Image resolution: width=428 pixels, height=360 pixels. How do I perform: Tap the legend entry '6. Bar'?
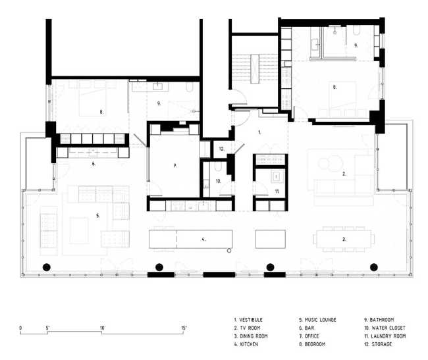pos(308,328)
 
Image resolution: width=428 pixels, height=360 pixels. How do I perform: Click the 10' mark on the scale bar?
pos(103,327)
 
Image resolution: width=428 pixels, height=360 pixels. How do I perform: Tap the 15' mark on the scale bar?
pos(184,327)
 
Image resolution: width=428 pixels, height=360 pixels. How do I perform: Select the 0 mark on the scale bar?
pos(20,327)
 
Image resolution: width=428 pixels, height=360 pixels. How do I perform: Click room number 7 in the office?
pos(174,166)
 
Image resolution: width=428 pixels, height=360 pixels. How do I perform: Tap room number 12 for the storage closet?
pos(223,149)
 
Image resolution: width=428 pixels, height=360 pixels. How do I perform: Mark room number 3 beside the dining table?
pos(344,240)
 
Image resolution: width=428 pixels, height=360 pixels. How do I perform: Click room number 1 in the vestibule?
pos(259,132)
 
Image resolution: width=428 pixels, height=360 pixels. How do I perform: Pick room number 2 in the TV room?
pos(344,174)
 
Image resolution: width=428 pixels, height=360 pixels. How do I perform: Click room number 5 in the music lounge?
pos(98,215)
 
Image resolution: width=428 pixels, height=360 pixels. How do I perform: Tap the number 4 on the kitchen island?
pos(203,240)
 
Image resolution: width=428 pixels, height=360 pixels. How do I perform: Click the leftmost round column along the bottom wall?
pos(46,267)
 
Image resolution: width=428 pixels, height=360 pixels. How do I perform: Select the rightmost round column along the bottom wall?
pos(374,267)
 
